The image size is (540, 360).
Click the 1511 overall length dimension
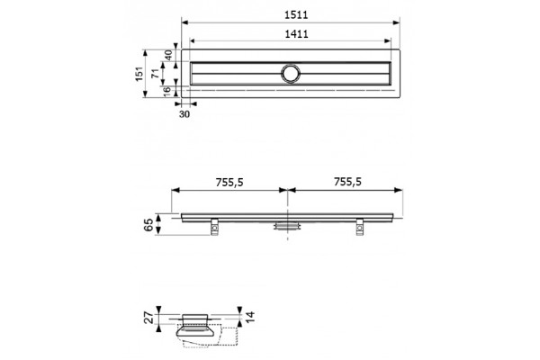tap(296, 14)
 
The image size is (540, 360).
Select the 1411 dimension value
tap(296, 34)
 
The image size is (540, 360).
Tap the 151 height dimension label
tap(139, 74)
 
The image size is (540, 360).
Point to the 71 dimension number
tap(156, 73)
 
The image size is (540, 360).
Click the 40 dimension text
tap(168, 55)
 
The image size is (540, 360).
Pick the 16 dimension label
tap(166, 91)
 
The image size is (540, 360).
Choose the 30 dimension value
tap(184, 114)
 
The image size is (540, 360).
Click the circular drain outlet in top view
tap(291, 74)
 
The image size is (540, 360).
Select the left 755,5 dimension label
tap(229, 182)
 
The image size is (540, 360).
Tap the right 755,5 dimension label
tap(347, 182)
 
